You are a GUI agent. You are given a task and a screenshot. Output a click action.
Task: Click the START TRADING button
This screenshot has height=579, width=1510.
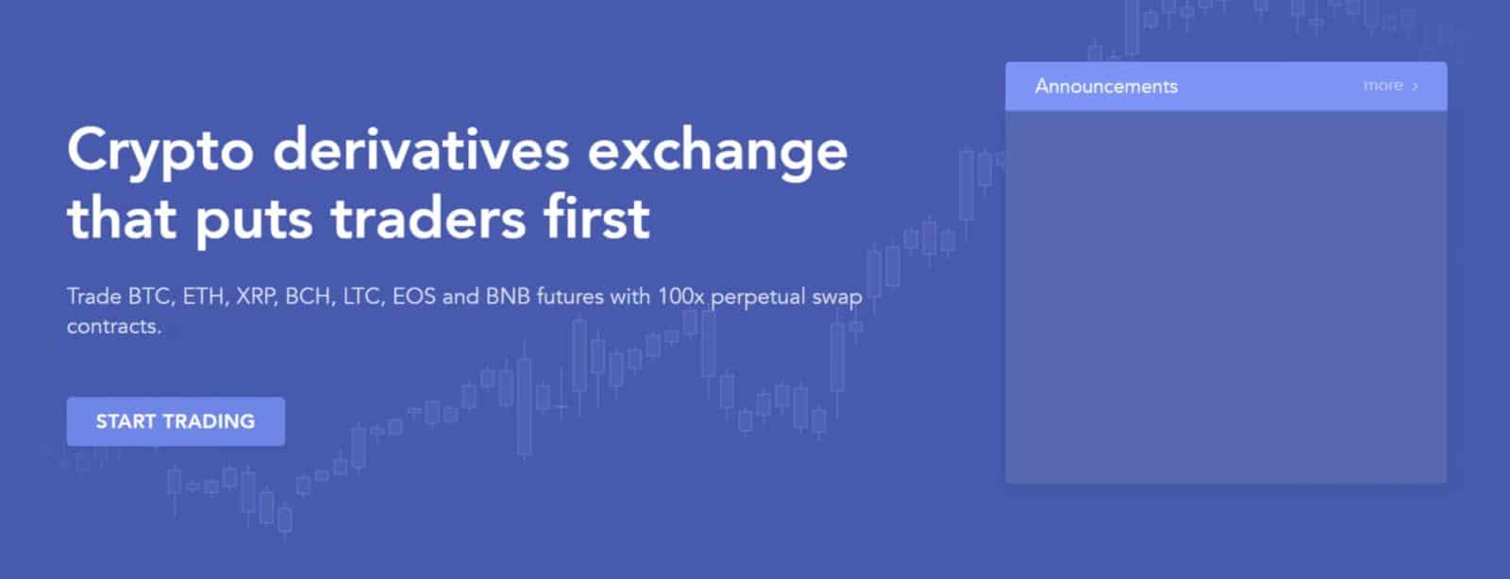coord(176,422)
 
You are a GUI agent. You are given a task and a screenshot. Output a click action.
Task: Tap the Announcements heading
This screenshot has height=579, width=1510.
coord(1106,86)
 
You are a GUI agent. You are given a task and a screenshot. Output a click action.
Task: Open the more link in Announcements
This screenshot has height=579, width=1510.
coord(1383,86)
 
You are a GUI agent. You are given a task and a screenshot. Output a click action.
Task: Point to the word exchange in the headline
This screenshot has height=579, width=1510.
coord(717,152)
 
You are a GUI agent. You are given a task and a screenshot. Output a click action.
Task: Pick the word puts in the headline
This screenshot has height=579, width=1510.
coord(254,220)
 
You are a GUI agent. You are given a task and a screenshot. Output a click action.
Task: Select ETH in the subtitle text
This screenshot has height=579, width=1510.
coord(205,297)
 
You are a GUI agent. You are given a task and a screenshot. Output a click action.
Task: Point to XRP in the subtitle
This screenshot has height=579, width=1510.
coord(256,297)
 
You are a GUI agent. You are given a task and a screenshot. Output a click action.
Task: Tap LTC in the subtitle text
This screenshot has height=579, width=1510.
coord(362,297)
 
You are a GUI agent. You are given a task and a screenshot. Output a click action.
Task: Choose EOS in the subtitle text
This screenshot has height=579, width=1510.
coord(414,297)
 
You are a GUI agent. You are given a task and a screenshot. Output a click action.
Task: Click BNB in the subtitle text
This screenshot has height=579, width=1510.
coord(509,297)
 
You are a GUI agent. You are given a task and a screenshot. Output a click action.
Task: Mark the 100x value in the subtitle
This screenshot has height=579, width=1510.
coord(680,297)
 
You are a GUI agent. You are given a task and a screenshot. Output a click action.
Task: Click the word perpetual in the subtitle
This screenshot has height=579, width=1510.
coord(759,298)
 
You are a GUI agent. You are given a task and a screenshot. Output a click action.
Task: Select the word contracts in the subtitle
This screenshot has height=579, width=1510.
coord(113,327)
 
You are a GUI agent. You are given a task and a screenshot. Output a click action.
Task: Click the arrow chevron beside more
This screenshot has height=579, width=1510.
coord(1415,87)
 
